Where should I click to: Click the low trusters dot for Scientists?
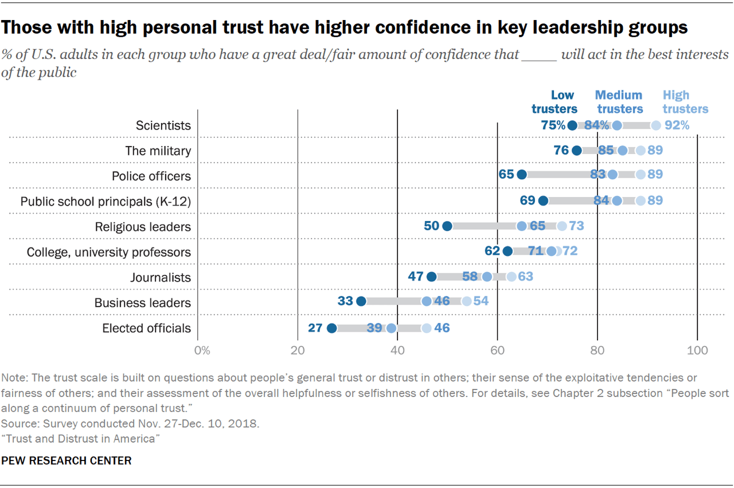coord(572,125)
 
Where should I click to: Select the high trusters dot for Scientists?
coord(656,125)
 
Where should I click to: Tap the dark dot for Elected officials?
coord(331,328)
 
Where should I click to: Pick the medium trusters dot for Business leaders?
coord(427,301)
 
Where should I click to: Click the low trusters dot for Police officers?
coord(522,175)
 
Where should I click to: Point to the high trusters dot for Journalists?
coord(512,277)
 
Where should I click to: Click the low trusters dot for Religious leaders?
coord(447,226)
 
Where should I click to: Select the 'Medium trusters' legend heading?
coord(619,102)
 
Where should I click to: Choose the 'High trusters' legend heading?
coord(685,102)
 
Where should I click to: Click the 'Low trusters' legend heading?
coord(555,102)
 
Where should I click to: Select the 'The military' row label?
coord(158,151)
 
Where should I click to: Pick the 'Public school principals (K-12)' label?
coord(106,201)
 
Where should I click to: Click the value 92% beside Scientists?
coord(677,125)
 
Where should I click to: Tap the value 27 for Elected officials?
coord(315,328)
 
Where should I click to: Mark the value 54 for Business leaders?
coord(481,301)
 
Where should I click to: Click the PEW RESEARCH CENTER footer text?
coord(67,461)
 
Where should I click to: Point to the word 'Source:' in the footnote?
coord(17,424)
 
